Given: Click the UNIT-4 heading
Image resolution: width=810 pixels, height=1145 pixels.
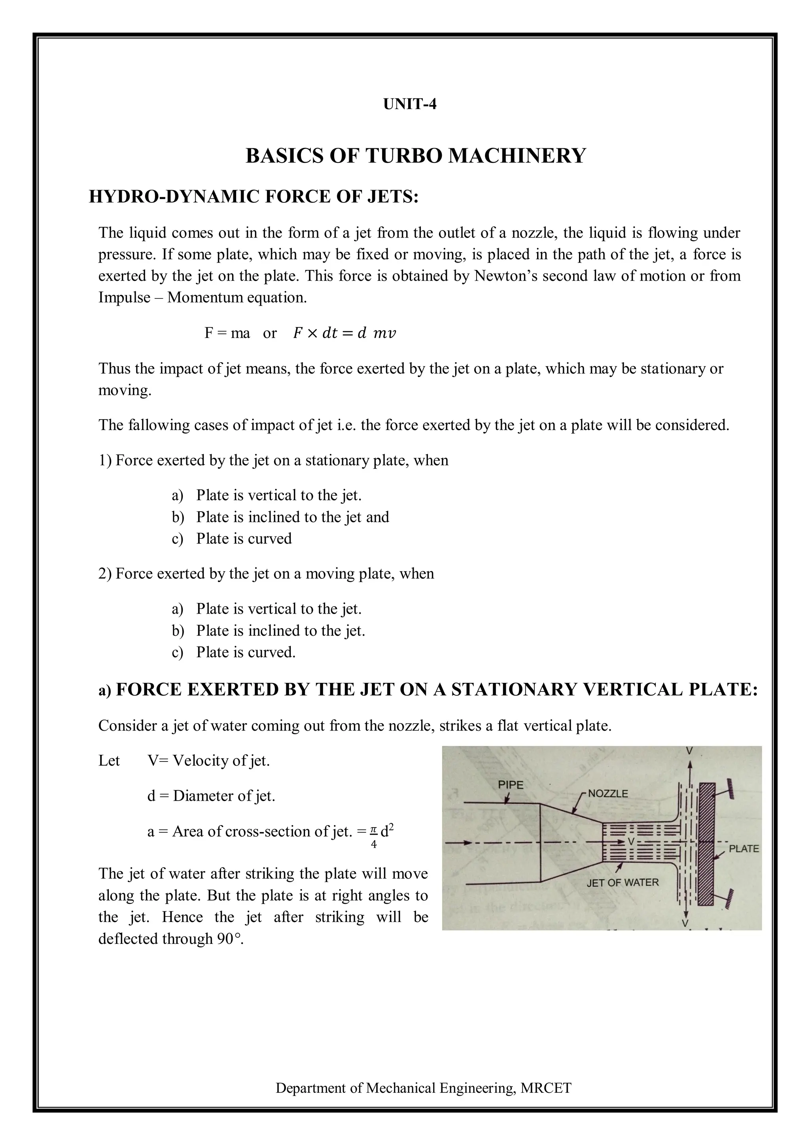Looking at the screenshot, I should point(409,104).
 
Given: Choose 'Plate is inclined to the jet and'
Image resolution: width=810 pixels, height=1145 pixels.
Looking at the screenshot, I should point(292,517).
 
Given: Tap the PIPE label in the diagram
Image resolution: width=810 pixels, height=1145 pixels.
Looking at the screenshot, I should point(511,785).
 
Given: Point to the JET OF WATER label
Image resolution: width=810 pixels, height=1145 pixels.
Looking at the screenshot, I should point(623,883).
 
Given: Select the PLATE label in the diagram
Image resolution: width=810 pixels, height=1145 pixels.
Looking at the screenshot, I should point(744,849).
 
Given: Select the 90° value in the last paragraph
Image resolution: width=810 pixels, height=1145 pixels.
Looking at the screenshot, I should point(229,939).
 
